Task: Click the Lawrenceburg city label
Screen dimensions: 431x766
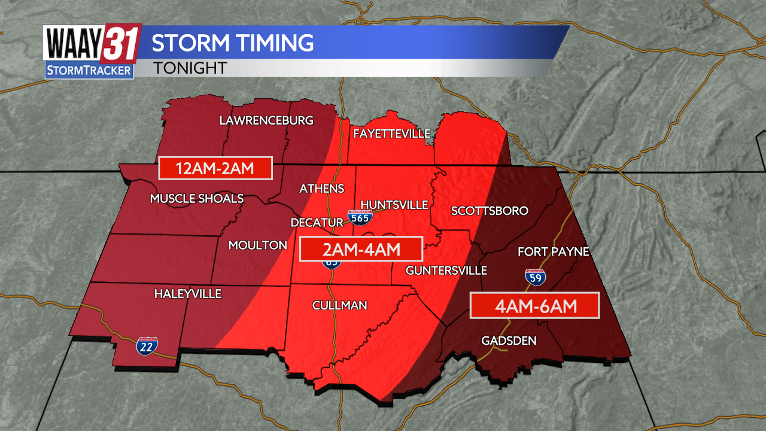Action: (266, 120)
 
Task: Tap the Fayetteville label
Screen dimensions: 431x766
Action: (391, 133)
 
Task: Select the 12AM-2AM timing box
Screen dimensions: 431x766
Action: (215, 169)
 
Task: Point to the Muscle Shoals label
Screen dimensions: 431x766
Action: (197, 199)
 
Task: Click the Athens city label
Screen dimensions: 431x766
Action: (322, 189)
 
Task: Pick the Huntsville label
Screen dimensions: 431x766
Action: (394, 205)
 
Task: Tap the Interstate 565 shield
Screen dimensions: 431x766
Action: (360, 217)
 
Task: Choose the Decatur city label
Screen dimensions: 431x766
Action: (317, 223)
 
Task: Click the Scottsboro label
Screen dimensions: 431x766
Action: (490, 211)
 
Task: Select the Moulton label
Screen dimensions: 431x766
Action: (258, 245)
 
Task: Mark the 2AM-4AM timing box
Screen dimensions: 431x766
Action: (361, 249)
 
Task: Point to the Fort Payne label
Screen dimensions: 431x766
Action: (554, 252)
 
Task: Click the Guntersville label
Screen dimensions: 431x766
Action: (446, 271)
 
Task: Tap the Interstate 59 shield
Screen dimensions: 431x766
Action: (534, 277)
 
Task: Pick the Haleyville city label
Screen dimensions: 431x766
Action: (188, 294)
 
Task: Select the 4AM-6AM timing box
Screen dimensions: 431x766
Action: (534, 306)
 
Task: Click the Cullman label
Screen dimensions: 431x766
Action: (339, 306)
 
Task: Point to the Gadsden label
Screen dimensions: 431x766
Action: (509, 341)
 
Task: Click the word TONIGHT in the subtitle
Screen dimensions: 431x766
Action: (190, 68)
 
